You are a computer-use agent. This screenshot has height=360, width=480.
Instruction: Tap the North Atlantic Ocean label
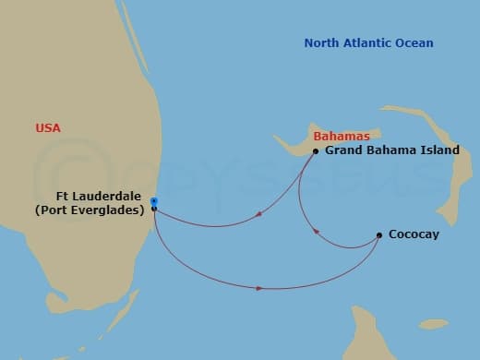pos(368,43)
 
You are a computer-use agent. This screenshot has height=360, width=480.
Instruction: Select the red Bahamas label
pos(335,137)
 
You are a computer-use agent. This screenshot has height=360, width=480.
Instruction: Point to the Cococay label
pos(414,235)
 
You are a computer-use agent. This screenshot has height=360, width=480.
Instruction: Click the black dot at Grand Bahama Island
pos(316,151)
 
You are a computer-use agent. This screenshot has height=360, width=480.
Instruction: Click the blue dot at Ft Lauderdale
pos(154,201)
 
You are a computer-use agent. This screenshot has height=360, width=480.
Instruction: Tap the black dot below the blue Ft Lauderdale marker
pos(154,209)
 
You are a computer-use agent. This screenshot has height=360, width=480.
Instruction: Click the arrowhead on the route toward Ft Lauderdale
pos(256,215)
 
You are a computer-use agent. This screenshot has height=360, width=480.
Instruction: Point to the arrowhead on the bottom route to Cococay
pos(259,288)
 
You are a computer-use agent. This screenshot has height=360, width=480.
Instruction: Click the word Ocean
pos(412,43)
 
